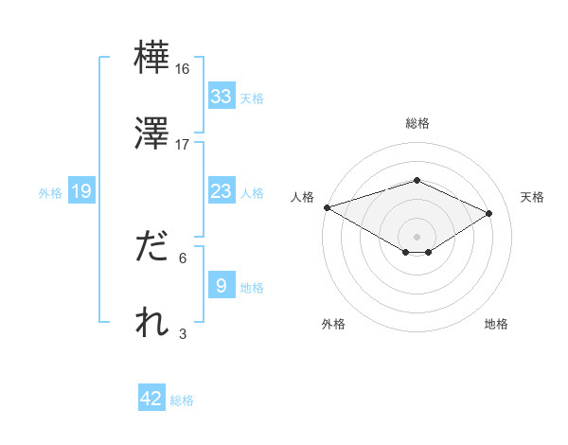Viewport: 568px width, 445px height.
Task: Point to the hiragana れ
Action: click(x=151, y=322)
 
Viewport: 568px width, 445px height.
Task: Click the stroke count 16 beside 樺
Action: click(x=183, y=69)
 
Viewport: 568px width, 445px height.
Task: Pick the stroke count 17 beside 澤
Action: click(x=183, y=144)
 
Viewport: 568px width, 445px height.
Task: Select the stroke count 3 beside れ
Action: click(x=183, y=333)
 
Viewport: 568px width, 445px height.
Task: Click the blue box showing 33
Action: click(x=221, y=97)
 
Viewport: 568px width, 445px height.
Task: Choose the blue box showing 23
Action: click(x=221, y=191)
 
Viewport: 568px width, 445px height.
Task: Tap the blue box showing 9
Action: click(x=221, y=286)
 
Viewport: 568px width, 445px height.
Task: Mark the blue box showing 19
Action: click(x=81, y=191)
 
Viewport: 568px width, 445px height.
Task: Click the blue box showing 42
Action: click(x=151, y=399)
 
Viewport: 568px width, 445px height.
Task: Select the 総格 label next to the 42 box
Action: click(x=182, y=400)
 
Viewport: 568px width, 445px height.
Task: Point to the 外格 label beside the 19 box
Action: click(x=50, y=192)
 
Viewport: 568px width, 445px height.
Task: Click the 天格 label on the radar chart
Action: click(x=533, y=197)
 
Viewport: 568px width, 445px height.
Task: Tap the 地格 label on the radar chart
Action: click(x=496, y=324)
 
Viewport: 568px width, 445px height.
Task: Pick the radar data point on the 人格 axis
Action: click(x=327, y=207)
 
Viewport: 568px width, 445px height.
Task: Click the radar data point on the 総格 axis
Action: click(x=417, y=180)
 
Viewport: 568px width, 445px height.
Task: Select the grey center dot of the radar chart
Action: click(x=417, y=236)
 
